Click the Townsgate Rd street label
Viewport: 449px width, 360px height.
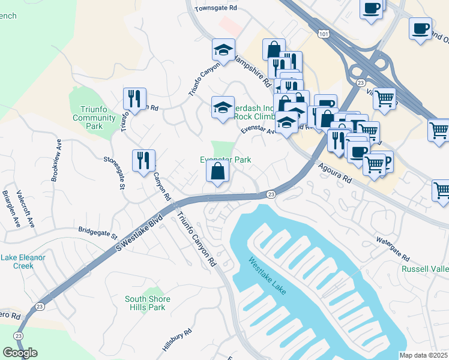tap(217, 9)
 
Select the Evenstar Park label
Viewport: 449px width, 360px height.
tap(225, 160)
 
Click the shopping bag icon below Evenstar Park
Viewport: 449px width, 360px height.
tap(217, 172)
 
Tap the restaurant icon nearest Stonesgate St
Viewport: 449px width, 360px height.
tap(143, 161)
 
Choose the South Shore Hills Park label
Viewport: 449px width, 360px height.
tap(148, 303)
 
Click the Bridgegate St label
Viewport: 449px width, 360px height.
tap(100, 230)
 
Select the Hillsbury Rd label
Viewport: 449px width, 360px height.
tap(176, 340)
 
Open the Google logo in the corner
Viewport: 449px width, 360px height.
tap(20, 352)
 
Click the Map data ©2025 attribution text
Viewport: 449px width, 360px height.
tap(423, 355)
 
